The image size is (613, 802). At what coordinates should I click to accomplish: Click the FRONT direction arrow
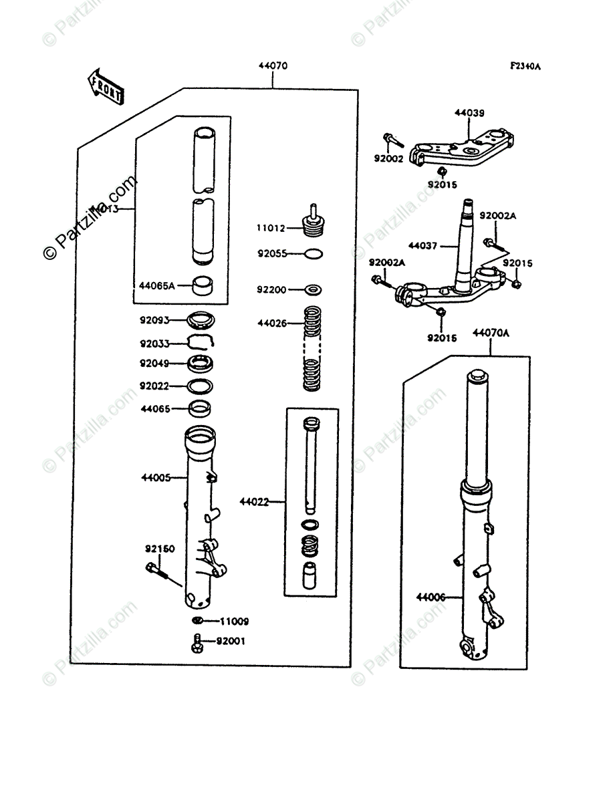[x=105, y=85]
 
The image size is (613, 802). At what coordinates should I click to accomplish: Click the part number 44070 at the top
[x=273, y=67]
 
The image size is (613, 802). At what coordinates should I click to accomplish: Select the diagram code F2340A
[x=525, y=66]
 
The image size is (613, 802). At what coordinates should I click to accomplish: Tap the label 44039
[x=469, y=113]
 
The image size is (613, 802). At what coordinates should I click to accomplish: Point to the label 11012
[x=270, y=228]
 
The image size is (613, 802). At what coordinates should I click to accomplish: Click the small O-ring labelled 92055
[x=314, y=253]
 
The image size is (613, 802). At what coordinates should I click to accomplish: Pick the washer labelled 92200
[x=314, y=290]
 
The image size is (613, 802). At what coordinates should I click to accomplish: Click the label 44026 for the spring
[x=271, y=323]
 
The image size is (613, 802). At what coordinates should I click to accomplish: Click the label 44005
[x=155, y=478]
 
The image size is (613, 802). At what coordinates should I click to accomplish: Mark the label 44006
[x=430, y=596]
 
